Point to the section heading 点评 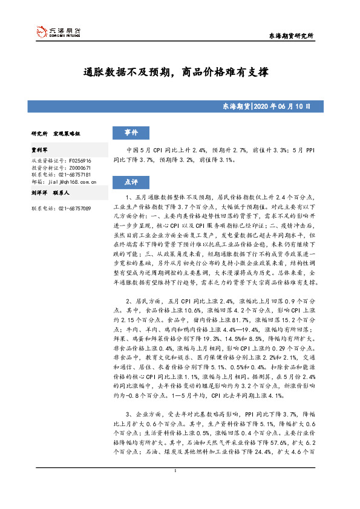point(131,181)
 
